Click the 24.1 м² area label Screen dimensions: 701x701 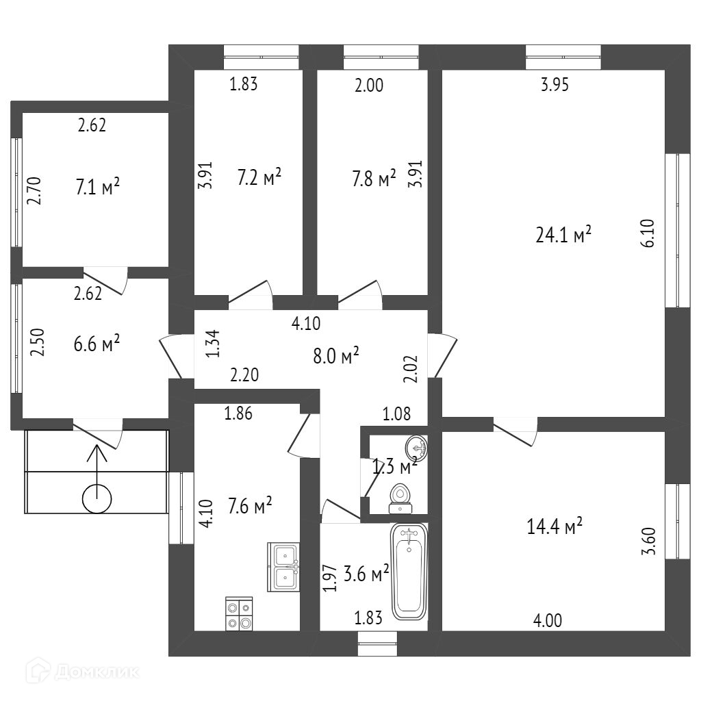tap(563, 235)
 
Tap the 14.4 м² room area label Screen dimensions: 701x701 tap(555, 526)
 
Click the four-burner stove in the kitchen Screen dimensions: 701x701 tap(239, 613)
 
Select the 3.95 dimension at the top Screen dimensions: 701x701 tap(555, 86)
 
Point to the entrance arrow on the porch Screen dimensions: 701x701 tap(97, 466)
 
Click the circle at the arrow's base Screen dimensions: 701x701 tap(97, 498)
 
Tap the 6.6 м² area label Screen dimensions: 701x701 tap(97, 344)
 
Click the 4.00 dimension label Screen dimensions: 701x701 tap(548, 621)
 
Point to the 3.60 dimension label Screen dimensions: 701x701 tap(650, 541)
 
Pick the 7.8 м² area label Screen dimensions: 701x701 tap(372, 179)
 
